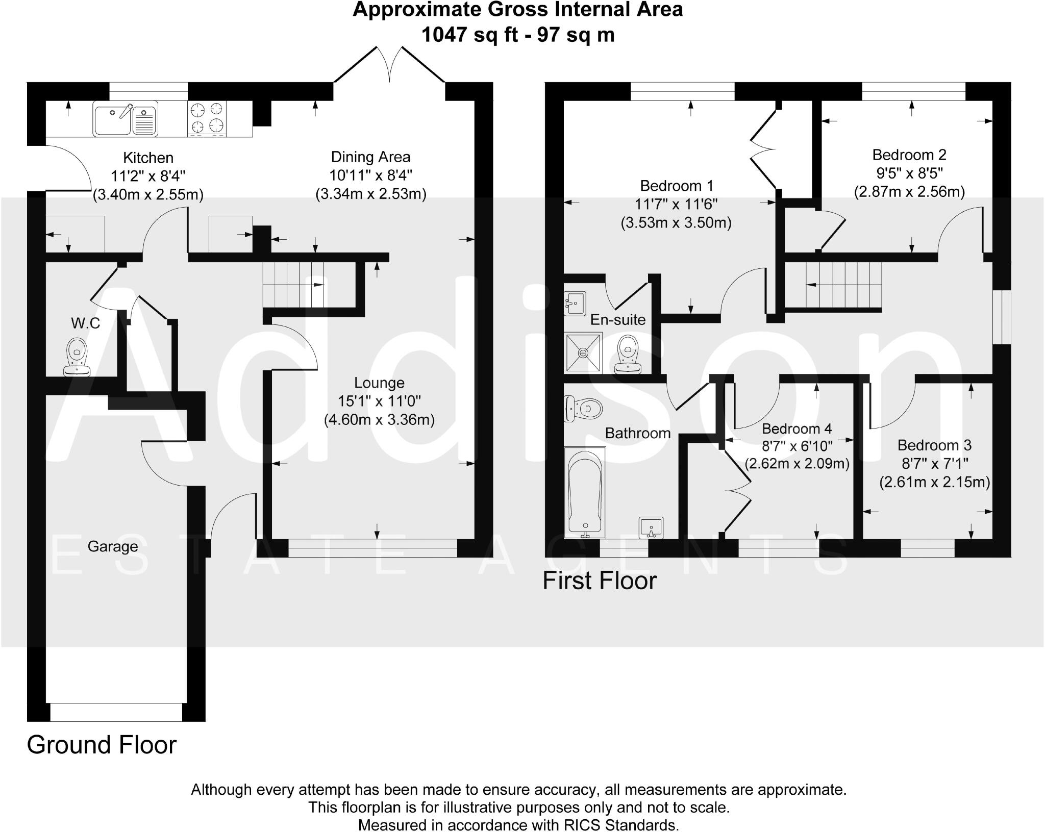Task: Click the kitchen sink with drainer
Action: click(125, 118)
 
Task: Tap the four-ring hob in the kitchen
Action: click(207, 118)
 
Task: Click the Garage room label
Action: click(113, 546)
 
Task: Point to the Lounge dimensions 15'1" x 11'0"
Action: click(379, 401)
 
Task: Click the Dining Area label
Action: click(370, 157)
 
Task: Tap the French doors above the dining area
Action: click(390, 65)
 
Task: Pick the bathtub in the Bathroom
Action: click(585, 492)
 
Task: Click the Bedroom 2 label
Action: click(909, 155)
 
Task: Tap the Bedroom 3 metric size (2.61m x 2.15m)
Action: click(934, 482)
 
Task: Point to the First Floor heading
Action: click(599, 581)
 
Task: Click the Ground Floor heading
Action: click(102, 745)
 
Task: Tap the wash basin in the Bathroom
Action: click(651, 527)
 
